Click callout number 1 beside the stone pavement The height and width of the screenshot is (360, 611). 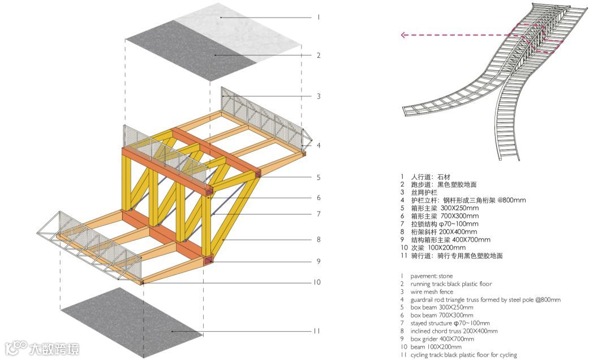tap(319, 18)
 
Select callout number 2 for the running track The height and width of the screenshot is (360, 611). tap(319, 55)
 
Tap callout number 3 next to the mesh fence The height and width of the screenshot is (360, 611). tap(319, 96)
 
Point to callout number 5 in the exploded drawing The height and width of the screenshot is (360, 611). tap(319, 177)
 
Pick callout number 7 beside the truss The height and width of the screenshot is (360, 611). tap(319, 214)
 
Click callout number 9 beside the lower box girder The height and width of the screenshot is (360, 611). tap(319, 262)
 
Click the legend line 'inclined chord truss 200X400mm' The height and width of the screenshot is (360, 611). tap(454, 331)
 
